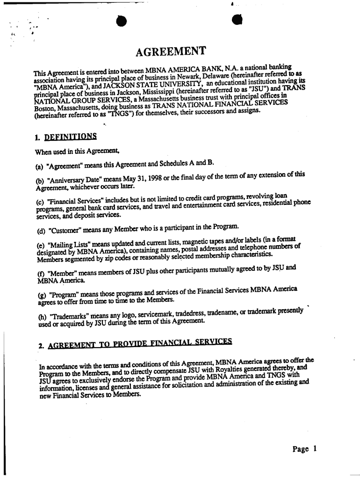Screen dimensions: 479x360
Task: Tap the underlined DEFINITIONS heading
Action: [x=71, y=137]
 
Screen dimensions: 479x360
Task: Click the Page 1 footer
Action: [x=305, y=449]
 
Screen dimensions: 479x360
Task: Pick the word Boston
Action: [x=46, y=108]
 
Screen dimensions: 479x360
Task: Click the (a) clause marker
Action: [x=40, y=163]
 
